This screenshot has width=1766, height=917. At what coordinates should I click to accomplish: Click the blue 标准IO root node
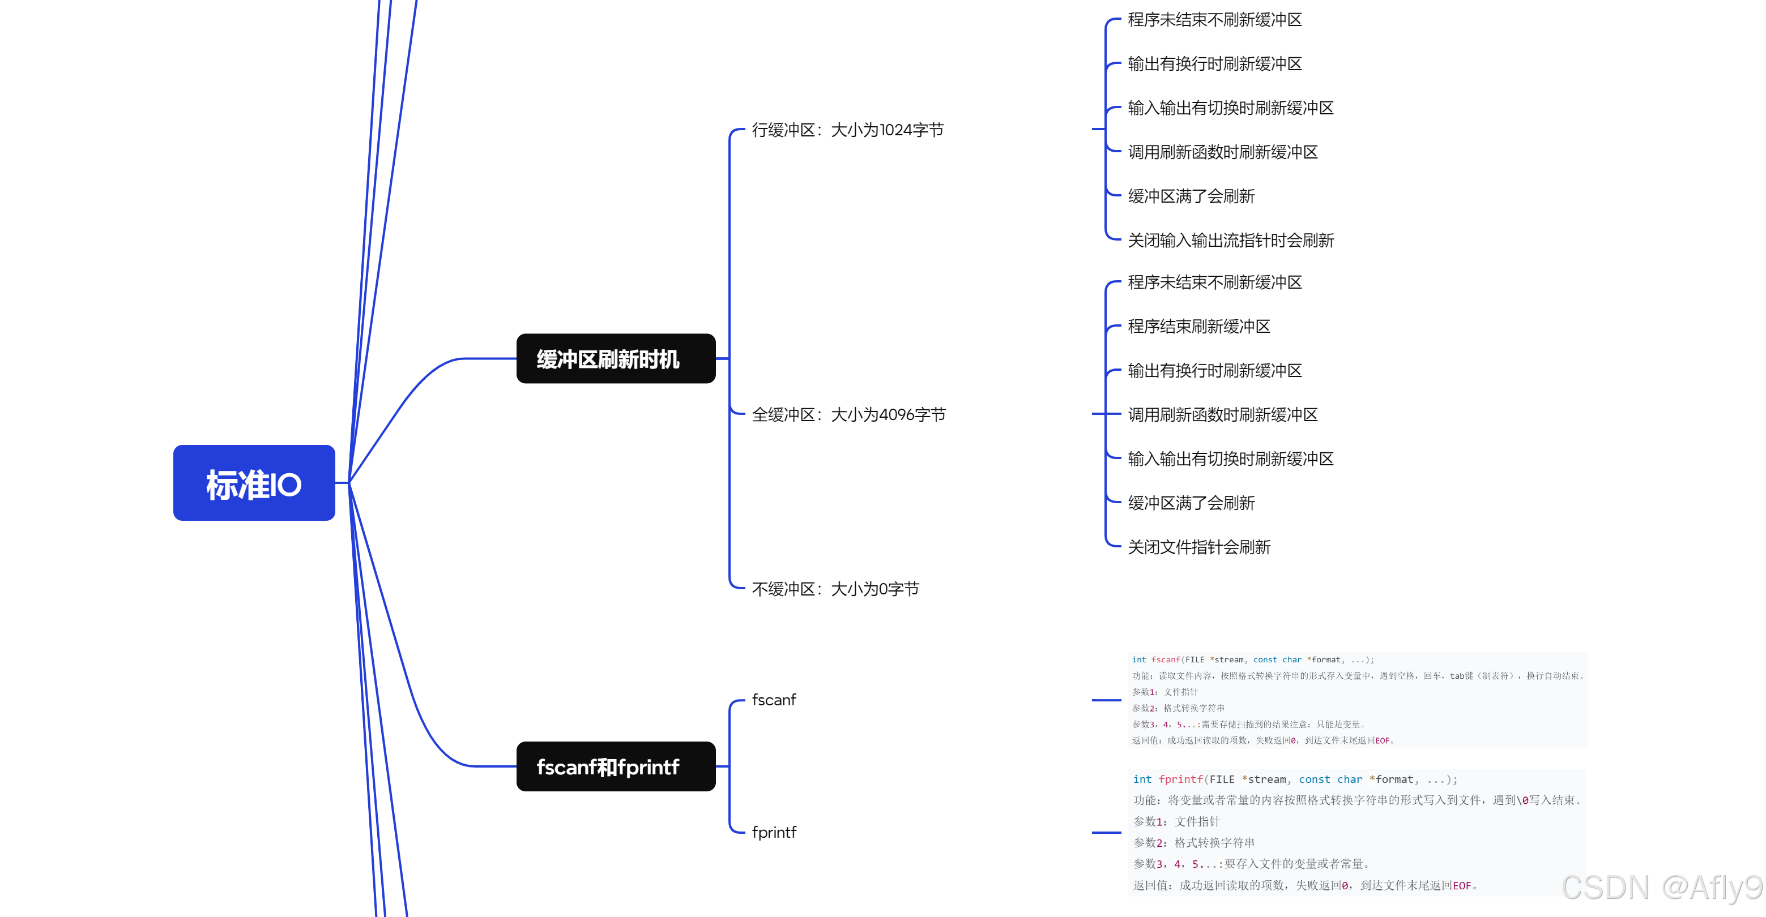pyautogui.click(x=254, y=483)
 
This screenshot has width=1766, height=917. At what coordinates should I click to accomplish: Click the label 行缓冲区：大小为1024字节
pyautogui.click(x=847, y=130)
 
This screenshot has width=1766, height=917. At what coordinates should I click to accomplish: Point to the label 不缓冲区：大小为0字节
pyautogui.click(x=835, y=589)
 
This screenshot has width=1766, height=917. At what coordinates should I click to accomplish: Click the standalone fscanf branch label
pyautogui.click(x=773, y=700)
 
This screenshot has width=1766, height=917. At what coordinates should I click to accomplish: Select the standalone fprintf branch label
pyautogui.click(x=773, y=832)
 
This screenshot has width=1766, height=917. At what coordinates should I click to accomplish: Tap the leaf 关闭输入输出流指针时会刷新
pyautogui.click(x=1231, y=241)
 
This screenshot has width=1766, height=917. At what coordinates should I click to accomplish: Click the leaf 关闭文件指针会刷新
pyautogui.click(x=1199, y=547)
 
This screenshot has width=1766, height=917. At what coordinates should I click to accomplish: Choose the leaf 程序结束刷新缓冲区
pyautogui.click(x=1199, y=326)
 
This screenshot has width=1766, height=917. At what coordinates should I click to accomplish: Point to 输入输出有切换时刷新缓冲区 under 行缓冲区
pyautogui.click(x=1231, y=108)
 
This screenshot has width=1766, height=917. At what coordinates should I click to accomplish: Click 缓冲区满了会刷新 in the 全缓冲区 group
pyautogui.click(x=1191, y=503)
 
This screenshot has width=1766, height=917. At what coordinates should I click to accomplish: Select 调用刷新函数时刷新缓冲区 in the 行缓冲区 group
pyautogui.click(x=1222, y=152)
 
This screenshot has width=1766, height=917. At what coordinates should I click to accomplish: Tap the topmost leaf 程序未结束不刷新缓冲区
pyautogui.click(x=1214, y=20)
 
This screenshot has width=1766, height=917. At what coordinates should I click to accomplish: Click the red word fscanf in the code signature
pyautogui.click(x=1166, y=660)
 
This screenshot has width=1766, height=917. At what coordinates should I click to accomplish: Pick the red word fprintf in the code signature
pyautogui.click(x=1180, y=779)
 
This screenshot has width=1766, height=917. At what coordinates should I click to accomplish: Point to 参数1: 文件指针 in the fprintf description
pyautogui.click(x=1176, y=821)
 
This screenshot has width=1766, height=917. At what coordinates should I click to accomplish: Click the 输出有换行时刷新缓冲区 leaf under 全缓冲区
pyautogui.click(x=1214, y=371)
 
